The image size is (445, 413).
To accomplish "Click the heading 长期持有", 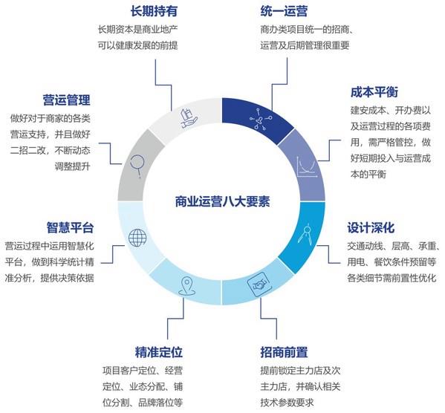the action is coord(154,11).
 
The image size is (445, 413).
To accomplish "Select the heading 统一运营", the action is coord(284,11).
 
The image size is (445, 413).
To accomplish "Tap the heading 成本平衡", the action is coord(374,92).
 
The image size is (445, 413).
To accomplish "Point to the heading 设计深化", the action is coord(371,227).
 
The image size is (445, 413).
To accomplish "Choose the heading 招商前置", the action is coord(284,352).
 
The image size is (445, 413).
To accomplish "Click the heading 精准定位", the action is coord(159,352).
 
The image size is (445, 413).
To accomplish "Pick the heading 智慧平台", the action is coord(70,227).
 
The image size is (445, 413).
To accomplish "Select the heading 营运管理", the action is coord(67,100).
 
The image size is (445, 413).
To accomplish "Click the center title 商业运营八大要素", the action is coord(222,201).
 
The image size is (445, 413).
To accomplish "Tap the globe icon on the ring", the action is coord(137,238).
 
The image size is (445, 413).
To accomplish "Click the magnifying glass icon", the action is coord(137,166).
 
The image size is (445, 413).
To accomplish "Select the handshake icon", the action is coord(258,284).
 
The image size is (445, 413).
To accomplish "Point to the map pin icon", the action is coord(186,287).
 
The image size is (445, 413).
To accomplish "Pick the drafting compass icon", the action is coord(305,235).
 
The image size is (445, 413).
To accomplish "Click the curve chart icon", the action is coord(307,167).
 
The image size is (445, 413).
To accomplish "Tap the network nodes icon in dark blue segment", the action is coord(261,119).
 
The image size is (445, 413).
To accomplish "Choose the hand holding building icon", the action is coord(189,118).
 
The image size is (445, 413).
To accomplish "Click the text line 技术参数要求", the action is coord(287,403).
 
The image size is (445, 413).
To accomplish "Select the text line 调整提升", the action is coord(73,166).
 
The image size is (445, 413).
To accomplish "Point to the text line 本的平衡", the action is coord(368,175).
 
